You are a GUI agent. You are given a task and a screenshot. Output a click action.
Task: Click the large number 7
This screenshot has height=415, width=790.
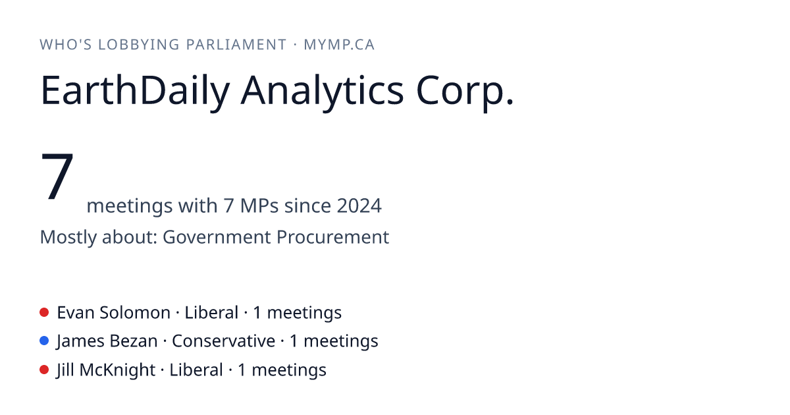click(x=57, y=176)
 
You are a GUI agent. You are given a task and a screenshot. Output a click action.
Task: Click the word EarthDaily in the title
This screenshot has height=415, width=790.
click(x=135, y=91)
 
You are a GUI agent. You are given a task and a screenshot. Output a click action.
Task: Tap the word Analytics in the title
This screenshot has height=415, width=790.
click(x=322, y=91)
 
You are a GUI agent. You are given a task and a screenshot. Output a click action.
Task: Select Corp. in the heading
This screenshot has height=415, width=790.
click(x=465, y=91)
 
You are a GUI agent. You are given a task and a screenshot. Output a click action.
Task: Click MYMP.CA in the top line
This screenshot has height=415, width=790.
click(x=339, y=45)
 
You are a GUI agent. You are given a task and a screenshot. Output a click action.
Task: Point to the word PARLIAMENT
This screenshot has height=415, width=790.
click(x=236, y=45)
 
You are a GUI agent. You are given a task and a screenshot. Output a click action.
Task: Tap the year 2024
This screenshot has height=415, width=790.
click(x=359, y=206)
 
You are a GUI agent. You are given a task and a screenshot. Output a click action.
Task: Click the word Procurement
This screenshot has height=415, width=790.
click(x=332, y=236)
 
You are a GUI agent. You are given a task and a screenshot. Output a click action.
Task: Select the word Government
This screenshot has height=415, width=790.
click(x=217, y=236)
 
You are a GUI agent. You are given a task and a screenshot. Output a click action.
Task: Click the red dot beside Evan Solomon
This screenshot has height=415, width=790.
click(x=44, y=312)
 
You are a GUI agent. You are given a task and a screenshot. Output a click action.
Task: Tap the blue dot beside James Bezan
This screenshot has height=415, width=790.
click(x=44, y=341)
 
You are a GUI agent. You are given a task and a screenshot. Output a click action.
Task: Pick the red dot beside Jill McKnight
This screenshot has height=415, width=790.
click(x=44, y=370)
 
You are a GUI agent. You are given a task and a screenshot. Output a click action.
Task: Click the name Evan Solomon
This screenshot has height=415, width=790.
click(x=113, y=313)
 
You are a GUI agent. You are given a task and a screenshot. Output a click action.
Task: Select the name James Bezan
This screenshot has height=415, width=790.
click(x=107, y=341)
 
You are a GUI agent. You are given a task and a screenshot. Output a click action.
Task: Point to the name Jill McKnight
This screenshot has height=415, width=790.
click(x=106, y=370)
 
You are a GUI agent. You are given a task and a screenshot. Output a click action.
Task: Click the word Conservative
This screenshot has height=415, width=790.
click(x=224, y=341)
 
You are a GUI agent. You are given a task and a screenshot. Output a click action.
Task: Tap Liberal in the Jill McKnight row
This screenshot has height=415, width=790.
click(x=196, y=370)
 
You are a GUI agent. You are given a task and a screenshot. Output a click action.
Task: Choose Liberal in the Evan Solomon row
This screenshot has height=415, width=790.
click(x=211, y=313)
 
